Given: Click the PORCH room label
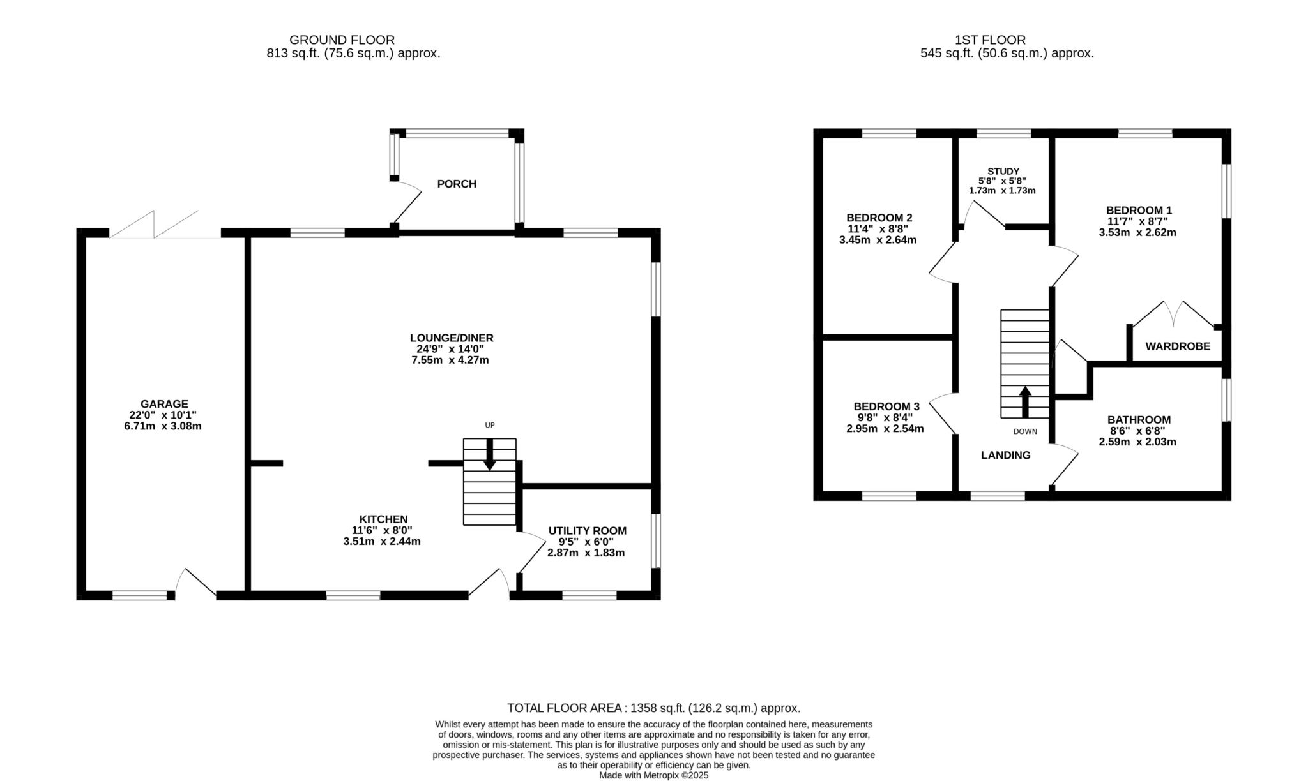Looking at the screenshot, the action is coord(457,184).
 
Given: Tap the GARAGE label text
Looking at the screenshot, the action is coord(164,404).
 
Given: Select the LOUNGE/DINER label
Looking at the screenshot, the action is coord(452,338).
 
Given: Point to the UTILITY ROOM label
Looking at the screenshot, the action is coord(588,531).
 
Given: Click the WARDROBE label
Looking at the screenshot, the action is coord(1178,346).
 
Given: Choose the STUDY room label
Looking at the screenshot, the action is coord(1003,171).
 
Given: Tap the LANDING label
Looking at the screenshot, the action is coord(1006,456).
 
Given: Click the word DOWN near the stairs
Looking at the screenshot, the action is coord(1025,431).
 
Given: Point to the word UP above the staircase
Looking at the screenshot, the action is coord(490,425).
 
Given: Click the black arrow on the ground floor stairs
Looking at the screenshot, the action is coord(490,455).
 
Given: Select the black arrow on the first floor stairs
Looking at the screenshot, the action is coord(1025,401).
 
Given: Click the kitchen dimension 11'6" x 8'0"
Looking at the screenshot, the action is coord(382,530).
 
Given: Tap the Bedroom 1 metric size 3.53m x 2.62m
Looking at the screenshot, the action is coord(1137,233).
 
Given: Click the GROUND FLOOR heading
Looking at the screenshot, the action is coord(342,40).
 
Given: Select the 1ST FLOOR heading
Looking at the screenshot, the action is coord(991,40).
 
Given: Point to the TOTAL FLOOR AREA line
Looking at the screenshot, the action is coord(654,708).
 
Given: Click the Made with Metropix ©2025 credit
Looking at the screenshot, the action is coord(654,776).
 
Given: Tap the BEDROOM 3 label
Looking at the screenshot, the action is coord(886,406).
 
